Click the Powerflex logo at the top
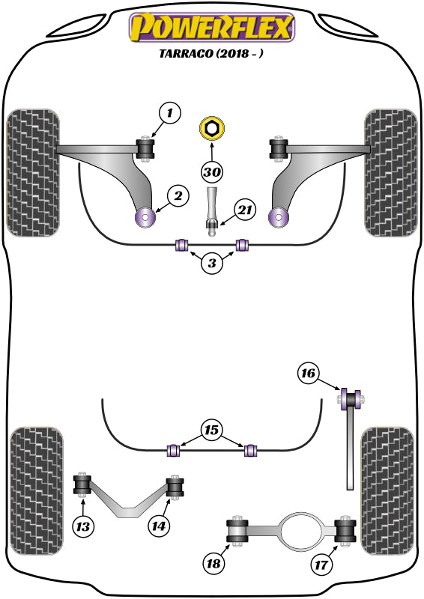[x=212, y=28]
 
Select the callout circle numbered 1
[x=170, y=114]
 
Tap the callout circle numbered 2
[x=178, y=197]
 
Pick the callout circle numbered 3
[x=212, y=264]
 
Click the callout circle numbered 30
[x=212, y=171]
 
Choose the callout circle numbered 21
[x=245, y=211]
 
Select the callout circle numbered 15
[x=212, y=431]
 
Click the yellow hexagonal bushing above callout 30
[x=212, y=129]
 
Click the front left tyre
[x=32, y=172]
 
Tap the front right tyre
[x=390, y=172]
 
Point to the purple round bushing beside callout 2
[x=144, y=218]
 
